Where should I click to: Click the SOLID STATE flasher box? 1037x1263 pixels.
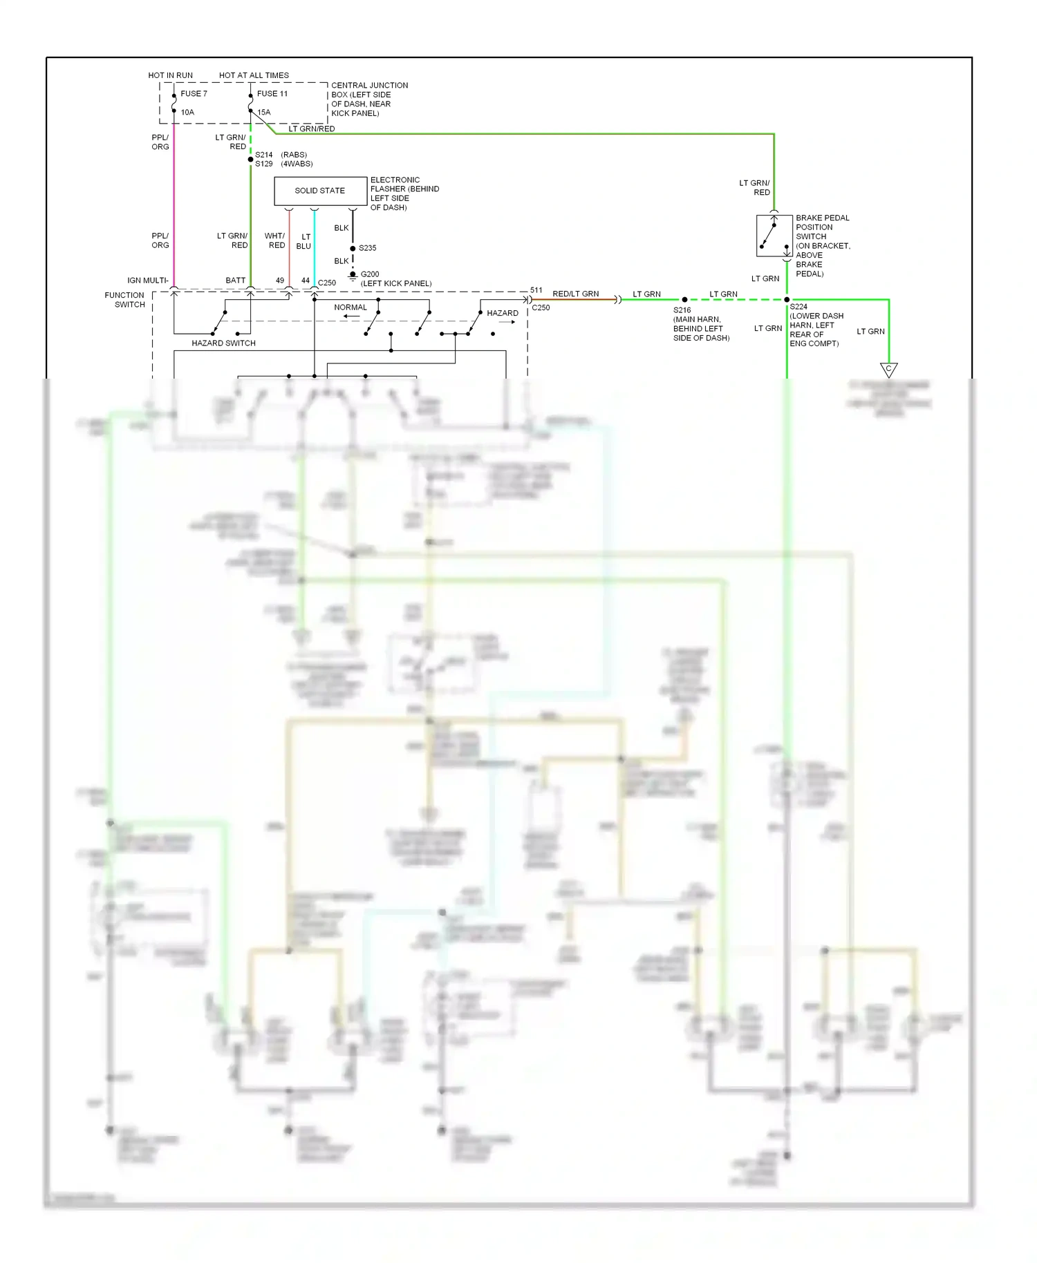(x=320, y=191)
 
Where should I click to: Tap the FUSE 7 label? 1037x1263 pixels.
(x=194, y=94)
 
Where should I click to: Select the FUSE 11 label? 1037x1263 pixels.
(x=272, y=94)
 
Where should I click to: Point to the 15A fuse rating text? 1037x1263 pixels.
(x=264, y=113)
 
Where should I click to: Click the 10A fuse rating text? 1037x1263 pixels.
(x=187, y=113)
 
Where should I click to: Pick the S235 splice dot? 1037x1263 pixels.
(x=353, y=248)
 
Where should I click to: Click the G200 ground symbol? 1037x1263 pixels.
(x=353, y=275)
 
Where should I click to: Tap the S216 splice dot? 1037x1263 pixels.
(x=684, y=300)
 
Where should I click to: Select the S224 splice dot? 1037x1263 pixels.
(x=787, y=300)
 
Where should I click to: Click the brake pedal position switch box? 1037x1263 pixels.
(x=774, y=236)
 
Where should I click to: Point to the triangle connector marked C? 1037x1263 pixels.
(x=888, y=370)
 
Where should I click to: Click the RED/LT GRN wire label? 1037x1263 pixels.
(x=575, y=294)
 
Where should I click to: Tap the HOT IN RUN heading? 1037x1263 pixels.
(x=170, y=75)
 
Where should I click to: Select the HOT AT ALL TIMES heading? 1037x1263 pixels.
(x=254, y=75)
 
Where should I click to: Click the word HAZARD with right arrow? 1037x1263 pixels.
(x=503, y=314)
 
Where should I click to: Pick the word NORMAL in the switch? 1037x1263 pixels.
(x=351, y=307)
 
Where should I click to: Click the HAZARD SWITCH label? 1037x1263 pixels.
(x=223, y=343)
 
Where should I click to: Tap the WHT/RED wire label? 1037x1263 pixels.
(x=275, y=240)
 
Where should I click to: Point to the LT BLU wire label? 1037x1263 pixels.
(x=304, y=242)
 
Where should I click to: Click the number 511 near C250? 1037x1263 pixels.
(x=536, y=290)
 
